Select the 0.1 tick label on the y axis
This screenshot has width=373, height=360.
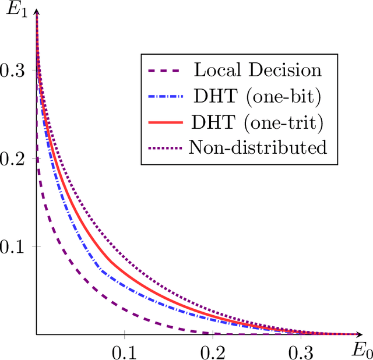tap(12, 247)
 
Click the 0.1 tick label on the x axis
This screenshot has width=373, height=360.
tap(124, 352)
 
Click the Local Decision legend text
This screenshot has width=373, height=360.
tap(257, 71)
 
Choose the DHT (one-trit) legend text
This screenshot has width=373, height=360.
tap(257, 123)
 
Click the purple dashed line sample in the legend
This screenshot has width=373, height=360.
tap(165, 71)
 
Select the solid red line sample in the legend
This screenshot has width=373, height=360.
tap(165, 122)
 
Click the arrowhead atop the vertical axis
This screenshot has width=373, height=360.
tap(37, 12)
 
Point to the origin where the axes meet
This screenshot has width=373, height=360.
tap(37, 335)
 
